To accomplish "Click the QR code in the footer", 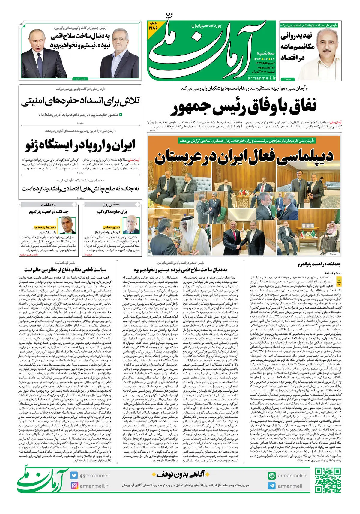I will (328, 480).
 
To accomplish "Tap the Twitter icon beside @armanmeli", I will (74, 475).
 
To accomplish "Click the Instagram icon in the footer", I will (74, 486).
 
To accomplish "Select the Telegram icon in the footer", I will (272, 486).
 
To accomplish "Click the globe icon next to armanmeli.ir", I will (272, 475).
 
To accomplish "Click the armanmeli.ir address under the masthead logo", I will (262, 78).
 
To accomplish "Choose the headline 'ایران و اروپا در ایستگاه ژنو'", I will (80, 145).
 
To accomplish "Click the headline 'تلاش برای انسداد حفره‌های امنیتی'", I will (80, 101).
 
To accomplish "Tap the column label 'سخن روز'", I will (111, 205).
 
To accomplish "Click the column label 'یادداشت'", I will (48, 205).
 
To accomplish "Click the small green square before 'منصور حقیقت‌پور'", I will (121, 115).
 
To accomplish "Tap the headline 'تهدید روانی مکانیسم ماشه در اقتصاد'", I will (297, 46).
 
